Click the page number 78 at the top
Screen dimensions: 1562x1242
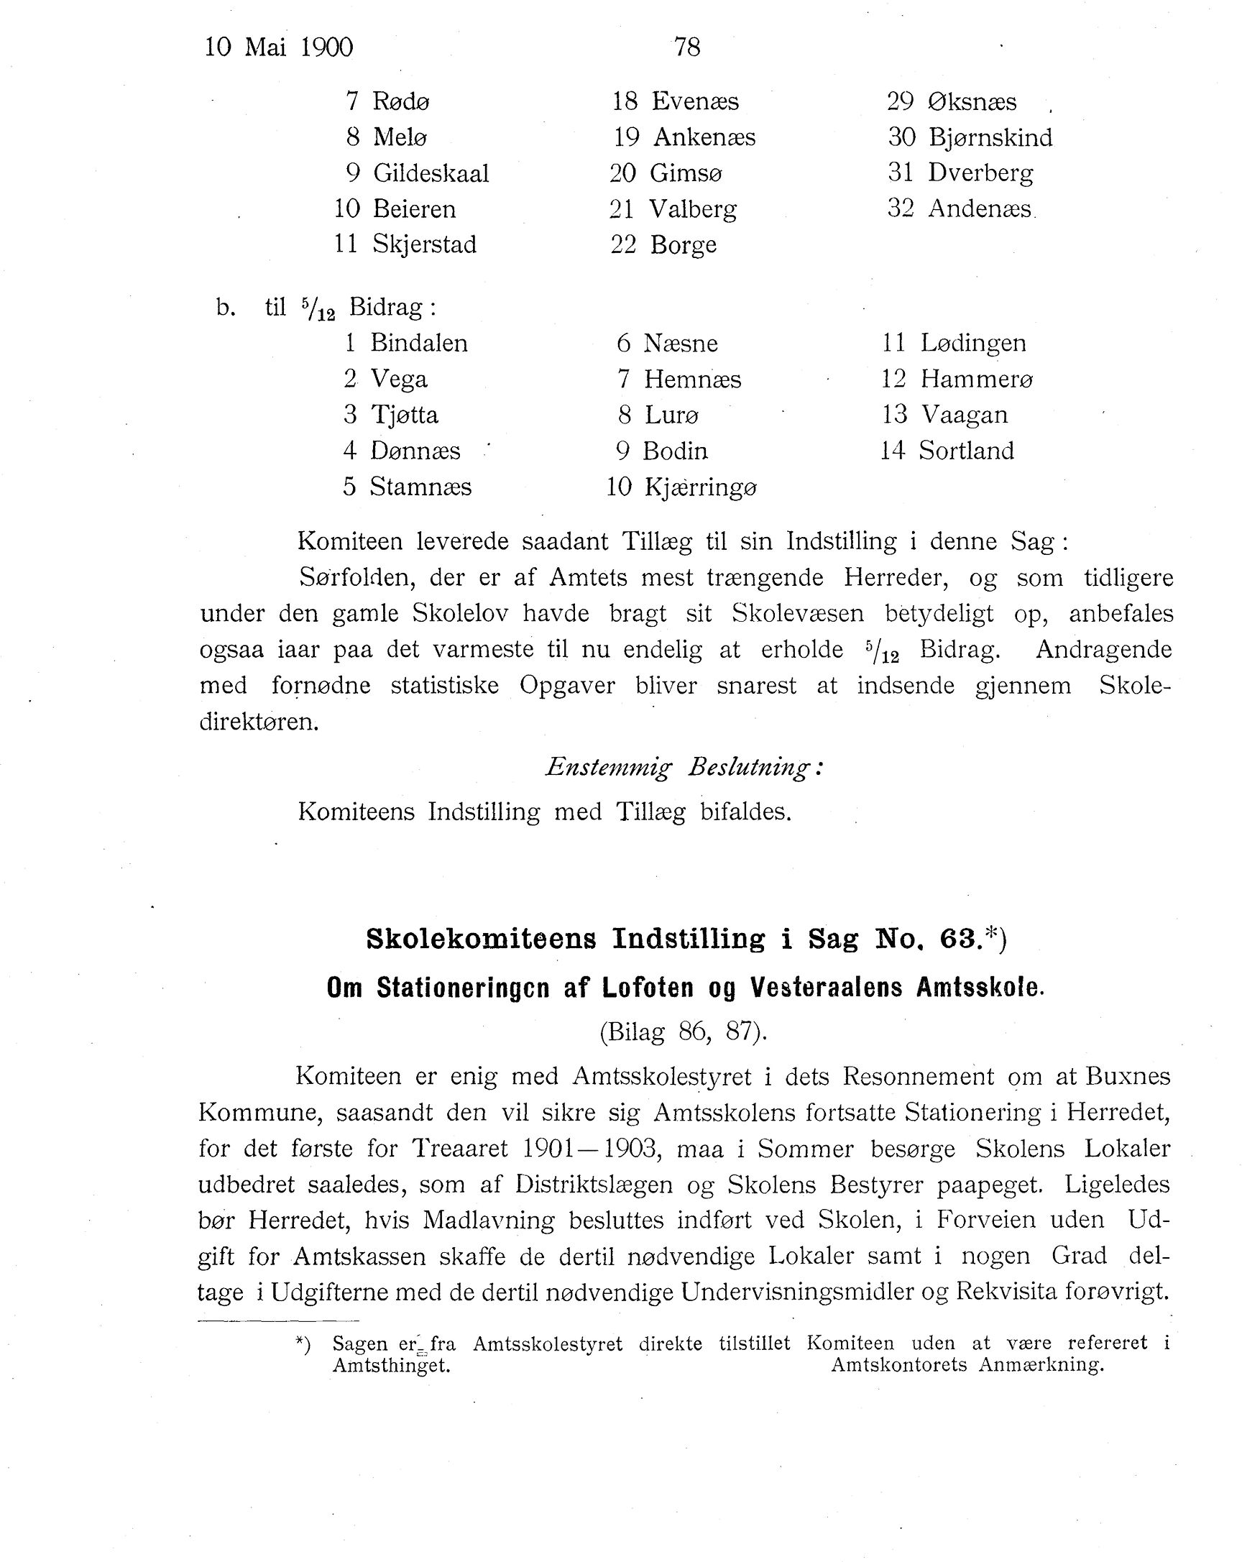pyautogui.click(x=686, y=47)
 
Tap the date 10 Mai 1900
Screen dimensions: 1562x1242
pyautogui.click(x=278, y=47)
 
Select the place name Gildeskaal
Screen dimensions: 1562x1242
pyautogui.click(x=431, y=173)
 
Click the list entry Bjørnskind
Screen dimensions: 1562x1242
pyautogui.click(x=990, y=137)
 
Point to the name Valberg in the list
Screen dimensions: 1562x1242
pyautogui.click(x=693, y=209)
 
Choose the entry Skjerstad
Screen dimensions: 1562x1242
pyautogui.click(x=425, y=244)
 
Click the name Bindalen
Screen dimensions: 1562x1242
pyautogui.click(x=419, y=343)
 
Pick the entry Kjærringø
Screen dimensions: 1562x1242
pyautogui.click(x=700, y=487)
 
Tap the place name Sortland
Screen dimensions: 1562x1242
pyautogui.click(x=966, y=451)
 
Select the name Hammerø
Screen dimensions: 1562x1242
pyautogui.click(x=976, y=379)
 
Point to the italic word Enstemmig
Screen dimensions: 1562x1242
pyautogui.click(x=609, y=767)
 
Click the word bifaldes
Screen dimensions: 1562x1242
pyautogui.click(x=745, y=812)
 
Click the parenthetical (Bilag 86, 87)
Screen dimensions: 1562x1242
pyautogui.click(x=683, y=1032)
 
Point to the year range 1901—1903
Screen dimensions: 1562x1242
pyautogui.click(x=589, y=1148)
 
